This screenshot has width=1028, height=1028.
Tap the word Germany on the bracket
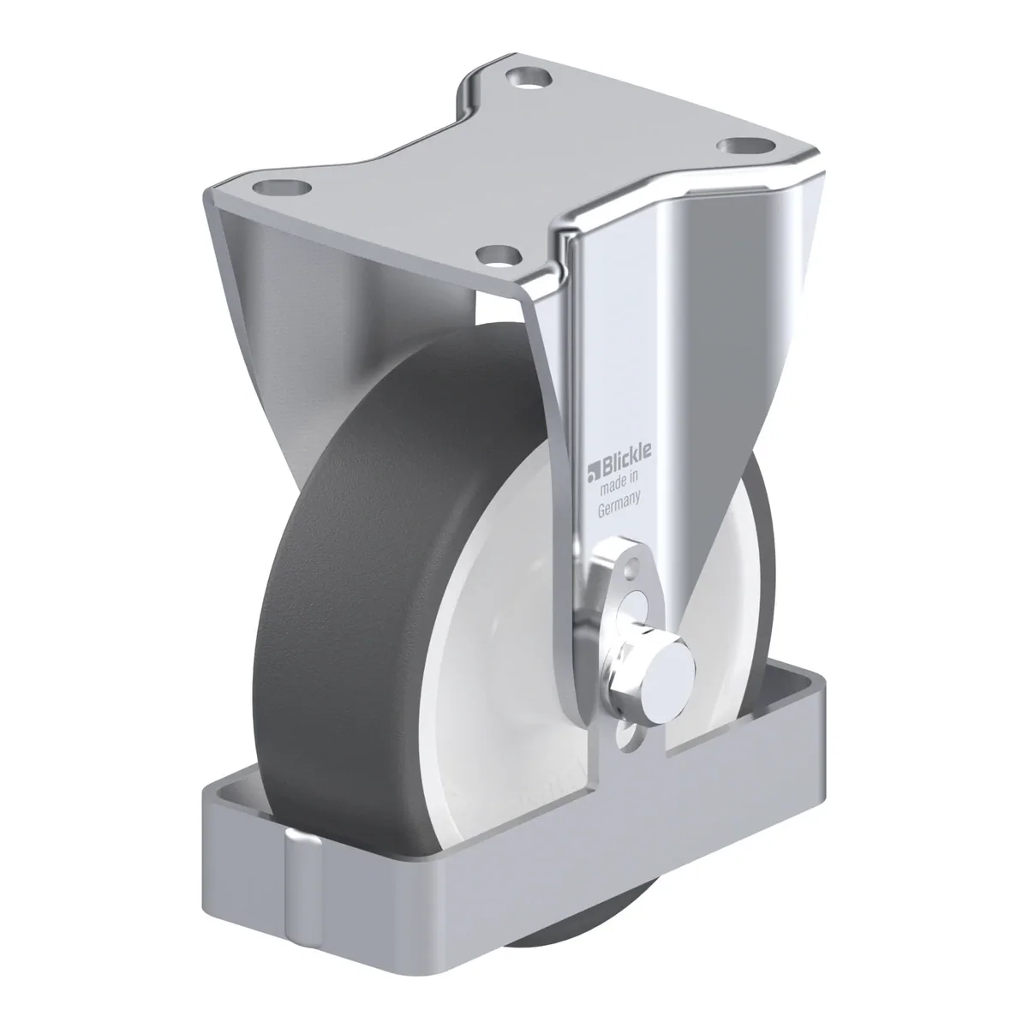click(x=619, y=505)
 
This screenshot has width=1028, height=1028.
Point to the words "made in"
click(x=619, y=484)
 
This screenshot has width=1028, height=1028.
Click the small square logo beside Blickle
click(x=594, y=471)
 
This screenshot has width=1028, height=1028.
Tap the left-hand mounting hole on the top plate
click(x=282, y=188)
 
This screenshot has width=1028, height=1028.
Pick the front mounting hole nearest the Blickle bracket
click(x=499, y=255)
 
